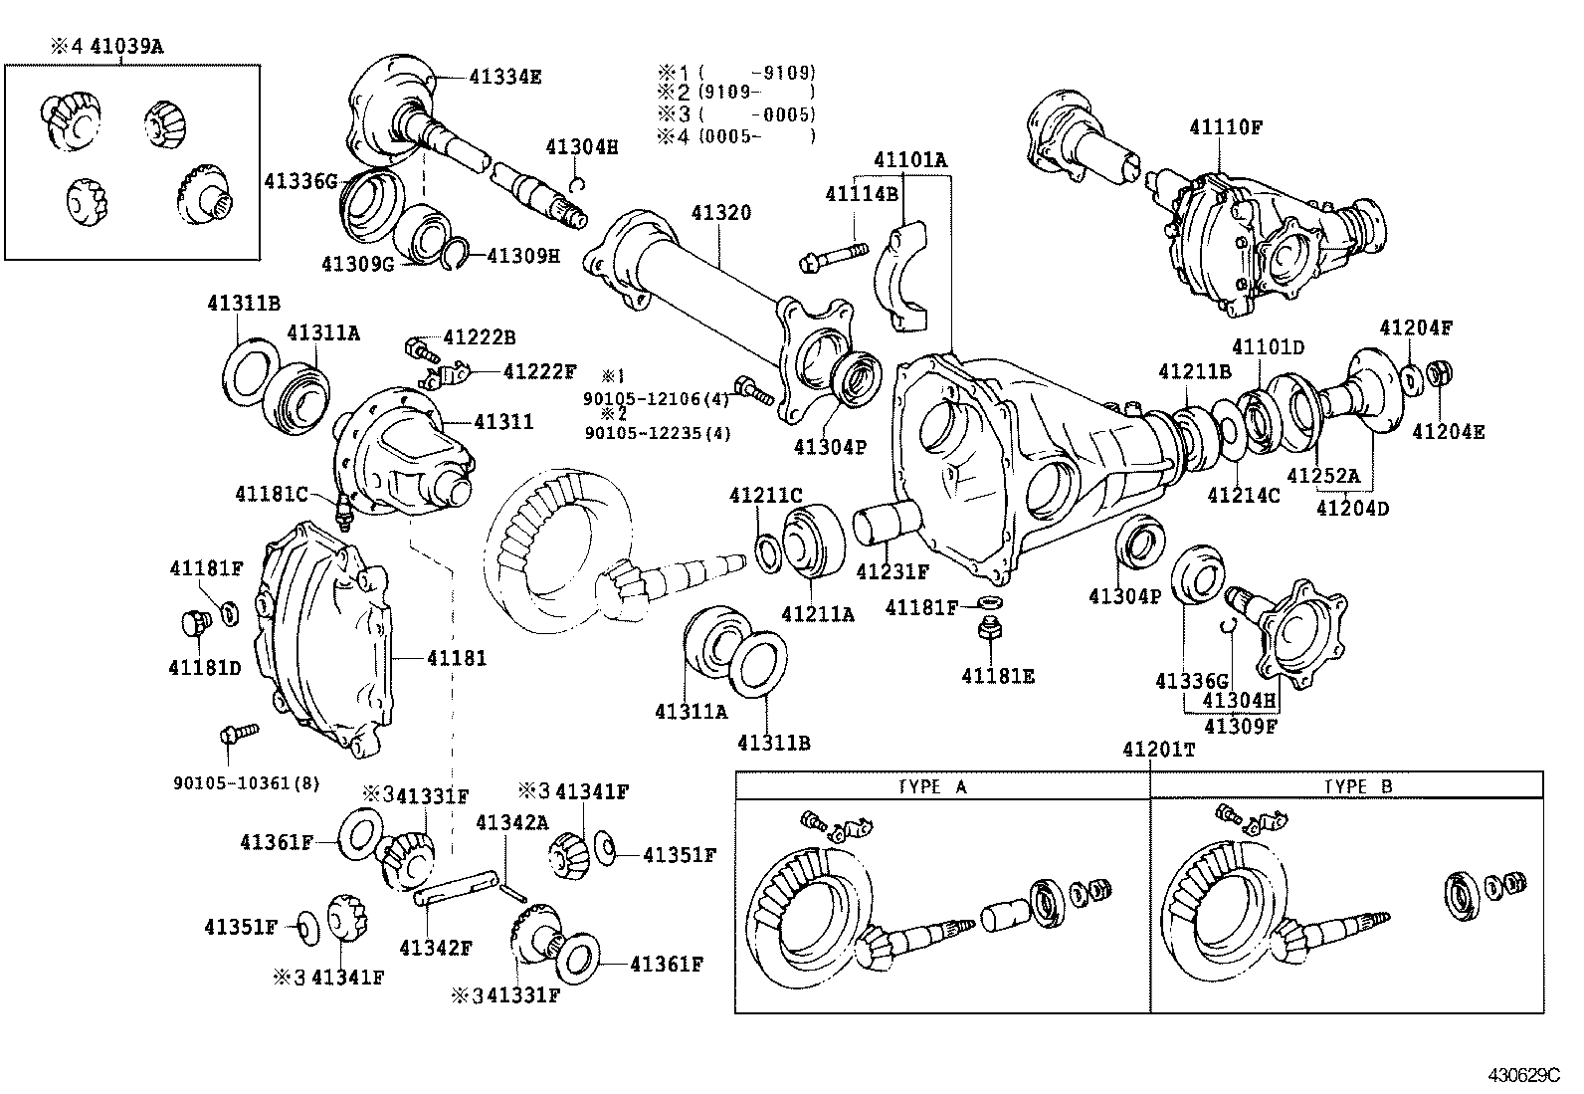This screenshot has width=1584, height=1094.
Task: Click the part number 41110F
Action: (x=1225, y=127)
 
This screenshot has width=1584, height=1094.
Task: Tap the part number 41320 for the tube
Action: (x=721, y=212)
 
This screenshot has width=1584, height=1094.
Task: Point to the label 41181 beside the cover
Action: (x=457, y=658)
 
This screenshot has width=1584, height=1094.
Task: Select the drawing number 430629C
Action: (x=1523, y=1075)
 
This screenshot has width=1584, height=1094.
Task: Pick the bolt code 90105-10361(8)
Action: (x=246, y=782)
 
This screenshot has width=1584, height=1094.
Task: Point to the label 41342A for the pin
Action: (x=511, y=822)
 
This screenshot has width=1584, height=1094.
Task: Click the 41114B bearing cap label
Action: (x=861, y=194)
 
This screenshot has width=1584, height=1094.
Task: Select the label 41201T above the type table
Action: (x=1158, y=750)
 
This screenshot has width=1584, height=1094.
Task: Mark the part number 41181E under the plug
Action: (x=997, y=677)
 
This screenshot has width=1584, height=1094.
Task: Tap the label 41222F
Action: (x=539, y=371)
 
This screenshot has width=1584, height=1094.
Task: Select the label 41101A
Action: (x=910, y=159)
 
